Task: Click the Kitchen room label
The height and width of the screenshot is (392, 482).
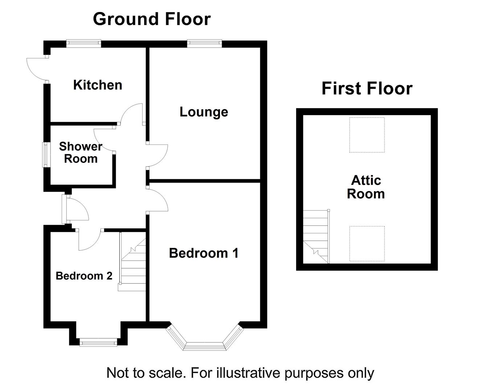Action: point(98,85)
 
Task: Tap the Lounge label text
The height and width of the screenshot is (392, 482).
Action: point(204,112)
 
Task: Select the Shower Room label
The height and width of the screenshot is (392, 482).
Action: point(81,152)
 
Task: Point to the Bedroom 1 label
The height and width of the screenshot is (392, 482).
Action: point(204,253)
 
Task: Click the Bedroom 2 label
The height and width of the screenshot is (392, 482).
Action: point(84,276)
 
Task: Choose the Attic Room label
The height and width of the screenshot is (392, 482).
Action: point(366,187)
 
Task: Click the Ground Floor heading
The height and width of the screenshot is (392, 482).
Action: point(152,19)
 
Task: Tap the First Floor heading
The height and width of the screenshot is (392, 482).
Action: point(367,88)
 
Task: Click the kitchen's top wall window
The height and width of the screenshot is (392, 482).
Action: point(83,44)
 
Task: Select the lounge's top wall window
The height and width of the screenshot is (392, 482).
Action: point(205,44)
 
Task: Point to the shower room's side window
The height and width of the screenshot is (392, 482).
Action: point(46,155)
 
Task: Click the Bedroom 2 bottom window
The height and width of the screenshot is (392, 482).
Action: point(98,342)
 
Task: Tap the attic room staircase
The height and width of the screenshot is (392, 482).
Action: point(316,237)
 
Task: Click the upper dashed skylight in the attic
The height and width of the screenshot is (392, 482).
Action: point(367,135)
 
